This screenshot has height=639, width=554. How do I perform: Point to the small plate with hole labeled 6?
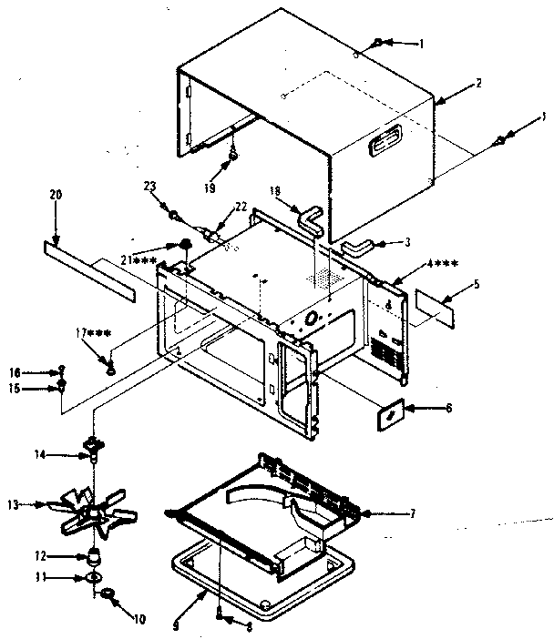tap(390, 414)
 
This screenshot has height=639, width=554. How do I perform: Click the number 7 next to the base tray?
tap(413, 513)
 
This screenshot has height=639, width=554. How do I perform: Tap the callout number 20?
tap(55, 195)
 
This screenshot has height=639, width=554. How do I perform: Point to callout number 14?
tap(65, 452)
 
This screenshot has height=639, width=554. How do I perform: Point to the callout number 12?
tap(64, 555)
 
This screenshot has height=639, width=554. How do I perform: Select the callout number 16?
tap(39, 372)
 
